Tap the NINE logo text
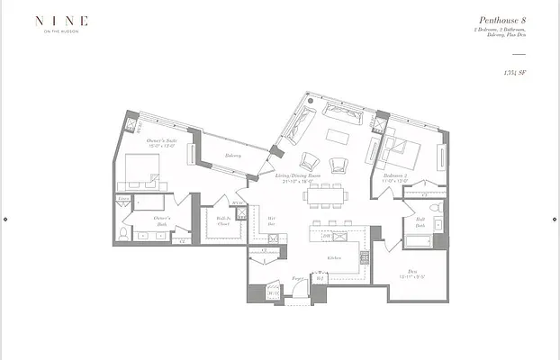pos(62,19)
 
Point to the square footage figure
pos(515,71)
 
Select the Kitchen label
pos(334,257)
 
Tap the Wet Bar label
pos(271,221)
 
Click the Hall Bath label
pos(420,221)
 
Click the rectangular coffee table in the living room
pos(337,137)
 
